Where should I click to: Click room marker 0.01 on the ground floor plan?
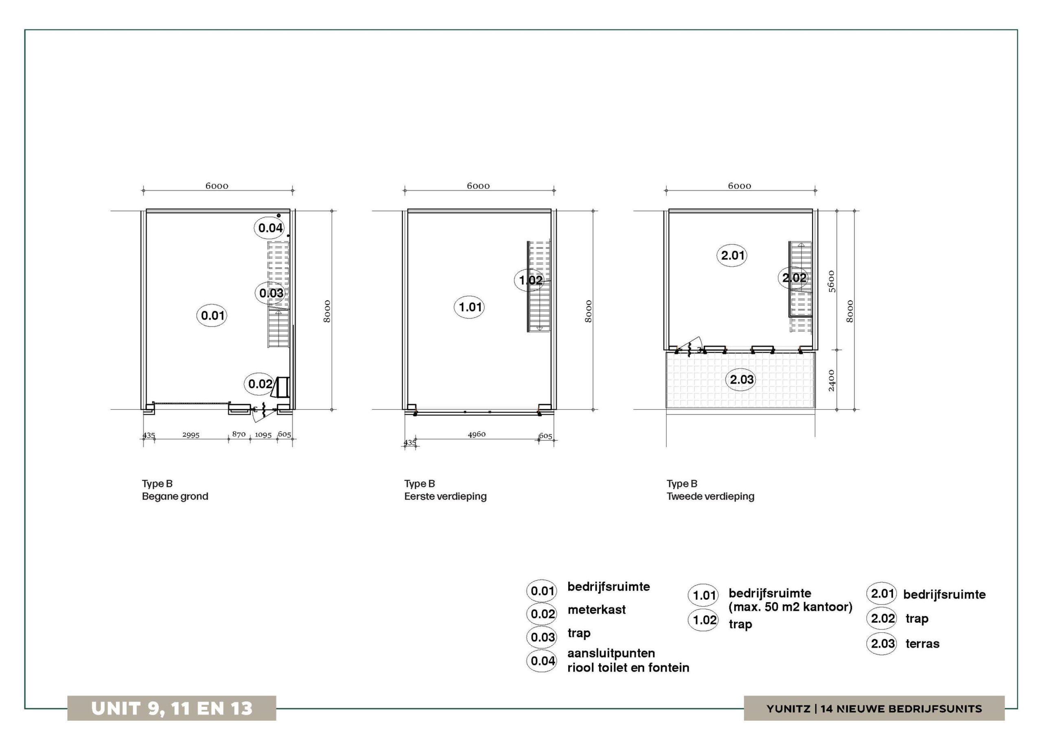tap(212, 315)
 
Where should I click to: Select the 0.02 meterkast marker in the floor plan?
tap(260, 384)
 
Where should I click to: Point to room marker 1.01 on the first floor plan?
tap(469, 307)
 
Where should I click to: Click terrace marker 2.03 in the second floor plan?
tap(741, 379)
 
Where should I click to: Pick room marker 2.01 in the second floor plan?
tap(731, 255)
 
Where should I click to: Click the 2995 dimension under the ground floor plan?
tap(191, 435)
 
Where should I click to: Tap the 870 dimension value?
tap(239, 434)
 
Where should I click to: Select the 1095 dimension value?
tap(263, 435)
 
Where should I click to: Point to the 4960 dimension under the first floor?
tap(477, 434)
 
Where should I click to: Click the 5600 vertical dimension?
tap(832, 281)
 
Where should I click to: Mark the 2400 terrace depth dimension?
tap(832, 380)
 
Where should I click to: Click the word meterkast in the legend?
tap(596, 610)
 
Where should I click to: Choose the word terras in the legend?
tap(922, 643)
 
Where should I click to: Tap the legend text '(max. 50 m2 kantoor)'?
tap(790, 607)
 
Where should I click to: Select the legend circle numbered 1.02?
tap(703, 620)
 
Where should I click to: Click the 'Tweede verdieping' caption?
tap(710, 496)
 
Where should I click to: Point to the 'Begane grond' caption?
tap(175, 496)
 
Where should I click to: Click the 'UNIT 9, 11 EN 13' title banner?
tap(171, 708)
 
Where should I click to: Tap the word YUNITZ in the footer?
tap(788, 709)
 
